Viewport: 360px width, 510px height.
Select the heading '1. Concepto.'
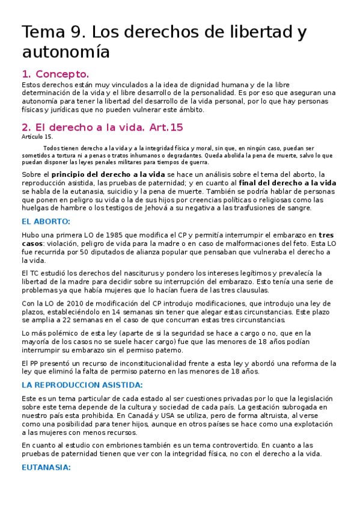pos(55,75)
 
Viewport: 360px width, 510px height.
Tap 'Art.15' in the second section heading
pos(168,127)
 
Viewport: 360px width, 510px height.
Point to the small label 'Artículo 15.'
pos(37,137)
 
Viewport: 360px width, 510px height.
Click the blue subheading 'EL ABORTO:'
pos(46,221)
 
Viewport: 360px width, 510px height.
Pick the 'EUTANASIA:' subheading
pos(46,467)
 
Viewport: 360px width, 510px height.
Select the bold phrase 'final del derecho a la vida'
pos(287,182)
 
